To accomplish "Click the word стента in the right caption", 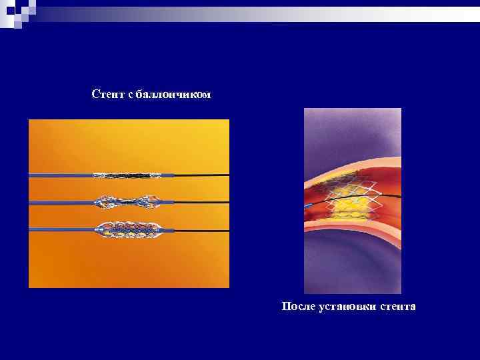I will (397, 306).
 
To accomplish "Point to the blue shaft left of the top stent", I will (60, 175).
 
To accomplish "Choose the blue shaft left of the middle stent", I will (60, 201).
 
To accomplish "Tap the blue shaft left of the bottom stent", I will (60, 231).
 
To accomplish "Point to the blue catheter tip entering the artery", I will (308, 206).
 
